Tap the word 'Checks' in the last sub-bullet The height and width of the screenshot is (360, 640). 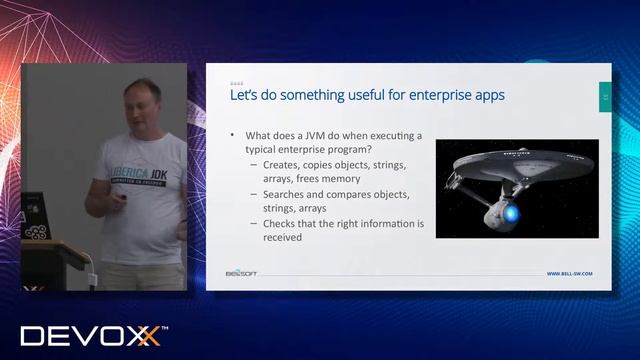(283, 224)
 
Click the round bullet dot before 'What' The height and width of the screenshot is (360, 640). (232, 134)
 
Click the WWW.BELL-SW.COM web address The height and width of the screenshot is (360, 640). (571, 273)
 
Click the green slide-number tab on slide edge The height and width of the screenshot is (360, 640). (604, 96)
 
